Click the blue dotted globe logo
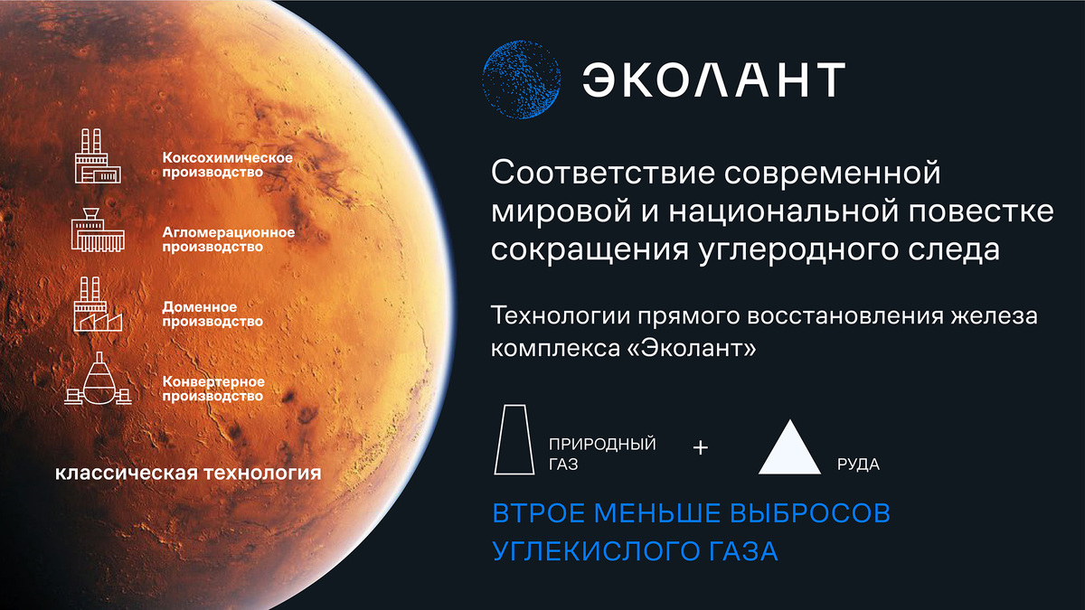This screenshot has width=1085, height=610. click(522, 80)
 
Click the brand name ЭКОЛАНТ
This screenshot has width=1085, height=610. click(713, 80)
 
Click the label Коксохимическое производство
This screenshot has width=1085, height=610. click(227, 164)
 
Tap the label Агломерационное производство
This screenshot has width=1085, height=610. click(228, 239)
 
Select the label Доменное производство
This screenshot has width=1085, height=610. click(212, 314)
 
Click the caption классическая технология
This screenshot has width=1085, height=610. click(188, 473)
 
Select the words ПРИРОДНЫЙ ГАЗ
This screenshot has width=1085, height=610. click(601, 455)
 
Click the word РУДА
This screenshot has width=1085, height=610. click(858, 465)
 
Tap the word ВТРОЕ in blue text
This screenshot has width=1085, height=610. click(540, 513)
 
